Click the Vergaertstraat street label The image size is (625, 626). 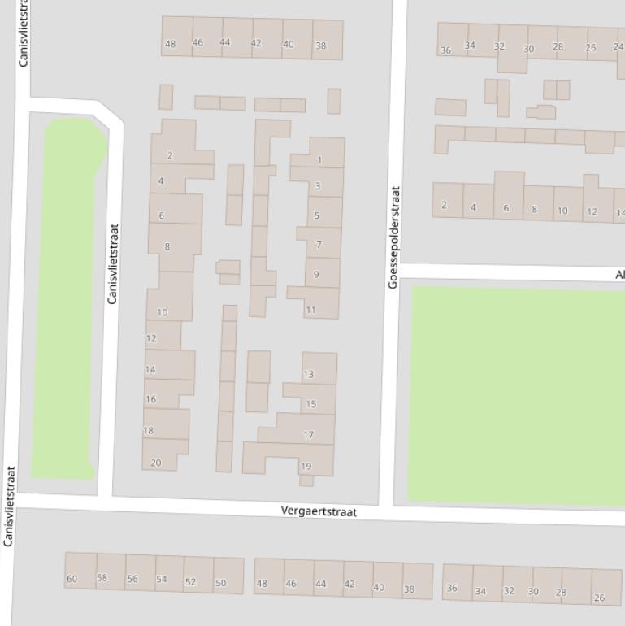tap(319, 511)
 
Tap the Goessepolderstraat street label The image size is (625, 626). tap(394, 237)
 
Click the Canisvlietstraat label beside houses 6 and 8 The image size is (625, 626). tap(113, 264)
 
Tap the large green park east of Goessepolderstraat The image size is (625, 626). tap(516, 394)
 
